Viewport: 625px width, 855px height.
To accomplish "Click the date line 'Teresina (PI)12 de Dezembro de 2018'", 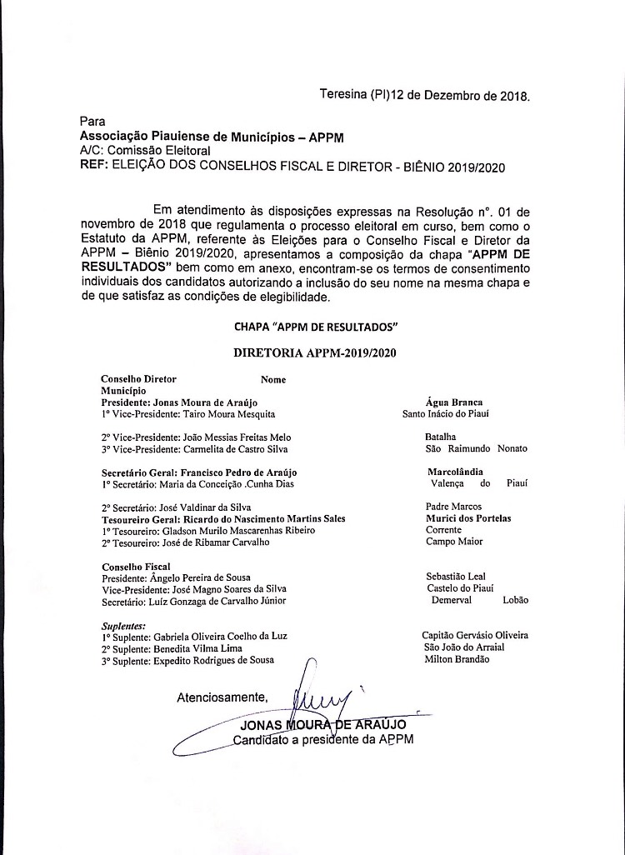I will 425,95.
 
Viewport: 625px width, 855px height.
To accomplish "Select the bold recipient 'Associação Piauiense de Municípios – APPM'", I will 211,136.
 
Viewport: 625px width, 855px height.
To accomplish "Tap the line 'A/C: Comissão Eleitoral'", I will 144,151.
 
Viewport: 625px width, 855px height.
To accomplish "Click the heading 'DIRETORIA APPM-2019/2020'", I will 315,352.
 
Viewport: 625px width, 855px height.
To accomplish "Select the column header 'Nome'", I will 273,379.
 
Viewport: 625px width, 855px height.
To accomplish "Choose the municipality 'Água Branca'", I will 453,402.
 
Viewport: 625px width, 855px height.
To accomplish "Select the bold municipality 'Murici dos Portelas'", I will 468,518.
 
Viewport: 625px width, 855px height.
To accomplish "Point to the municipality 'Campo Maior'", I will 454,542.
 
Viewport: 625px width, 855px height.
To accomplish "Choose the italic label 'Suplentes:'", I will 123,624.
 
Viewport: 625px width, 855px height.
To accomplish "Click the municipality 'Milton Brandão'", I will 457,659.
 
